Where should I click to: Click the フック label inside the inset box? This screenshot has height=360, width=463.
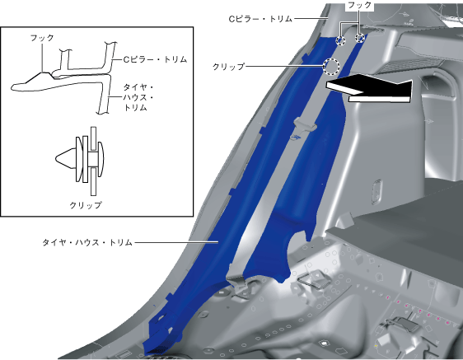(42, 38)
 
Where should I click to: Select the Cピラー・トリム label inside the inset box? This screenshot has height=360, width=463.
(155, 59)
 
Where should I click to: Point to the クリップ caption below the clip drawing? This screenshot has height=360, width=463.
(86, 205)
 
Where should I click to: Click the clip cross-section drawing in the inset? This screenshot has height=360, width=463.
(79, 161)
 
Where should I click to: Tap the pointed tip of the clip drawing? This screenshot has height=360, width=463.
(56, 159)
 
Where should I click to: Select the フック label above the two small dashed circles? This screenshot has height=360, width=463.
(359, 5)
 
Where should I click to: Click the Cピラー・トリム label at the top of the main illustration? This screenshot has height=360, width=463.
(260, 19)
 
